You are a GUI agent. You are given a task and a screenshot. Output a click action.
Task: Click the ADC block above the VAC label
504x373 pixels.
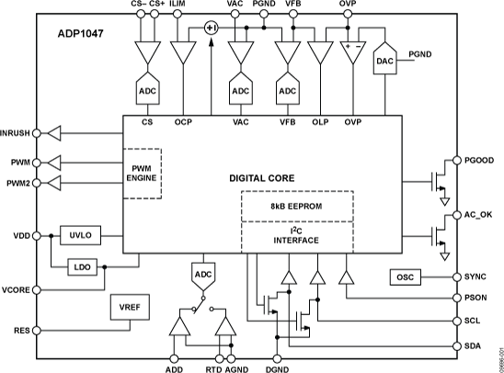[241, 91]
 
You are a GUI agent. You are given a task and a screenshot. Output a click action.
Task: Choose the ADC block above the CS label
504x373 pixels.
[147, 91]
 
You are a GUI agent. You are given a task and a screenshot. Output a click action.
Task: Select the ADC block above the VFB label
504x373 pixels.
[287, 91]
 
